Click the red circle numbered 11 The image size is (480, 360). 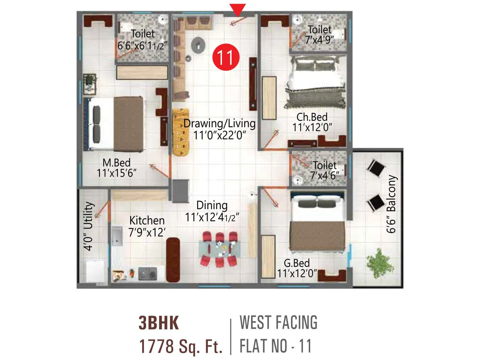pyautogui.click(x=226, y=57)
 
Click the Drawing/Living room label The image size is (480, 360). pyautogui.click(x=219, y=124)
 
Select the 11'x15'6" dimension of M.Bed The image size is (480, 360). pyautogui.click(x=116, y=173)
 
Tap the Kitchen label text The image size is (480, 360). pyautogui.click(x=147, y=220)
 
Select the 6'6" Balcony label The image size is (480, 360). pyautogui.click(x=391, y=204)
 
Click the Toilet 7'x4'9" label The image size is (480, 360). pyautogui.click(x=319, y=34)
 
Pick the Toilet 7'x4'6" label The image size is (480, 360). pyautogui.click(x=324, y=170)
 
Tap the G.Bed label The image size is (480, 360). pyautogui.click(x=296, y=263)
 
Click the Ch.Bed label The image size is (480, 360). pyautogui.click(x=312, y=117)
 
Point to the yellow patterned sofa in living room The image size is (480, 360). pyautogui.click(x=181, y=132)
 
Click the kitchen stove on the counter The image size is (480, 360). pyautogui.click(x=148, y=274)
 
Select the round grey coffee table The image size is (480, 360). pyautogui.click(x=198, y=45)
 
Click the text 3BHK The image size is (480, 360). pyautogui.click(x=158, y=323)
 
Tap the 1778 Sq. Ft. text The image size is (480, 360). pyautogui.click(x=181, y=346)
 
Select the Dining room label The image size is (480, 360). pyautogui.click(x=212, y=205)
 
